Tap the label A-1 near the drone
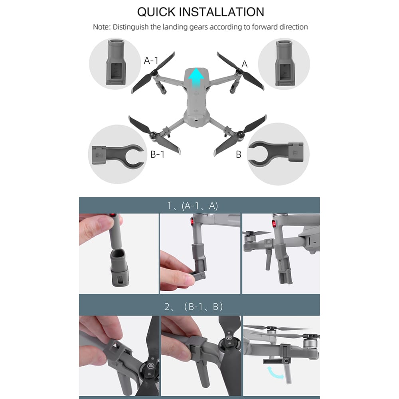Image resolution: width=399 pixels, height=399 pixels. pos(151,61)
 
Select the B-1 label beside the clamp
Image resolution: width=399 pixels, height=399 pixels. pos(158,154)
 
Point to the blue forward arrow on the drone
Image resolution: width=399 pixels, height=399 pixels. pos(196,78)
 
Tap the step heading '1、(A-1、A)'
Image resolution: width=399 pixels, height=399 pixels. pos(193,206)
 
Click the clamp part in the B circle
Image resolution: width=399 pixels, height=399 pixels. pos(275,154)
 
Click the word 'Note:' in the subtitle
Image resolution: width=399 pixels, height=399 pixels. pos(102,27)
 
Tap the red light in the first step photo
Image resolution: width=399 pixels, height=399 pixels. pos(113,215)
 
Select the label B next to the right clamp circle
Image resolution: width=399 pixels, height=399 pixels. pos(239,154)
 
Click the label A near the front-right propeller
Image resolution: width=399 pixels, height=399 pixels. pos(245,64)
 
